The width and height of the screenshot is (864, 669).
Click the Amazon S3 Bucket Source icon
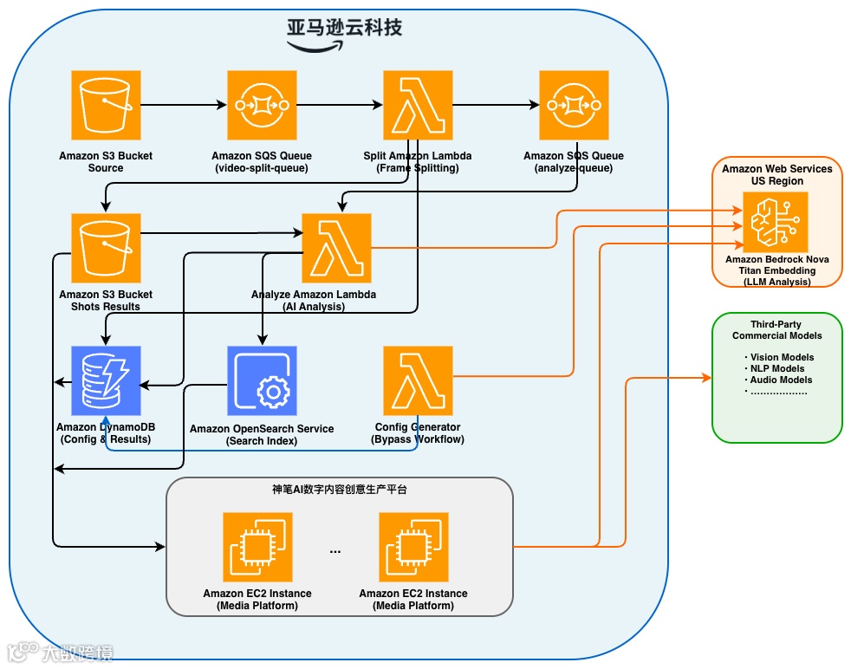click(x=106, y=105)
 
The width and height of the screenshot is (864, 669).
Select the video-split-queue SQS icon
click(x=262, y=105)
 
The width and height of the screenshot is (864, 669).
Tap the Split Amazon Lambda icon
click(x=418, y=105)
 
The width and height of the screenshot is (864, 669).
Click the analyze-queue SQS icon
click(x=574, y=105)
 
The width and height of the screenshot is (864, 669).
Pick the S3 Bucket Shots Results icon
click(x=106, y=248)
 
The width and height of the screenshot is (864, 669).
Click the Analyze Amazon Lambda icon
click(x=336, y=248)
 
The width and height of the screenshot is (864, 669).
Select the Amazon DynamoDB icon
click(x=106, y=380)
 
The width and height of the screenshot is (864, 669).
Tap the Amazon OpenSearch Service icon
click(x=262, y=380)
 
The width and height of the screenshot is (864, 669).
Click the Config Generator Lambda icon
click(x=418, y=380)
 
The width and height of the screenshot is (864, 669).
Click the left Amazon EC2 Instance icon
click(x=257, y=547)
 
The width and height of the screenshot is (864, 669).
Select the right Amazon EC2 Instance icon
click(x=413, y=547)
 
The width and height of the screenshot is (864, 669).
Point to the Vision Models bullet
click(x=779, y=357)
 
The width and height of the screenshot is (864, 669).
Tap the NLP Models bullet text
click(x=776, y=368)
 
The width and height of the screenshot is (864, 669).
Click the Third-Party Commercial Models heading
click(x=776, y=329)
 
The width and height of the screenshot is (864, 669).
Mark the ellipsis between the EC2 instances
click(x=335, y=551)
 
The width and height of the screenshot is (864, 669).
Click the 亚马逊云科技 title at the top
click(x=345, y=28)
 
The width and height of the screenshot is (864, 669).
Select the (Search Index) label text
click(x=262, y=441)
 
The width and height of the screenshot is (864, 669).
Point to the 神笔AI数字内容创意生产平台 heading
click(x=339, y=490)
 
